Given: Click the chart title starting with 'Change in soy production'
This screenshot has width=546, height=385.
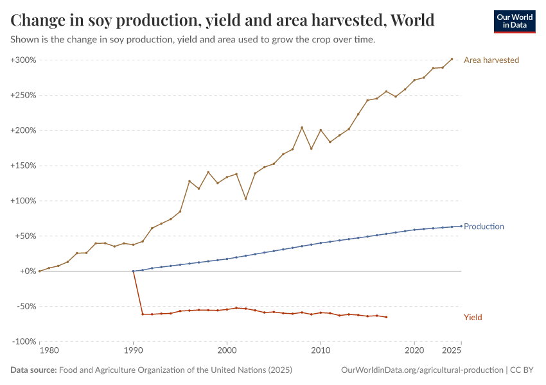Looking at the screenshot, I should [x=222, y=20].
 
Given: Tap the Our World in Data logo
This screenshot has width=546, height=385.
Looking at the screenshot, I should [x=514, y=21].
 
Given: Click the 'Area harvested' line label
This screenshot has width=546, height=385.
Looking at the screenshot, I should [x=491, y=60].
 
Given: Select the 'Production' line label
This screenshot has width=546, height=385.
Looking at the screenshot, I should [x=484, y=227].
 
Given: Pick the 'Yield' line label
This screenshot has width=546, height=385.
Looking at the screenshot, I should [x=473, y=318].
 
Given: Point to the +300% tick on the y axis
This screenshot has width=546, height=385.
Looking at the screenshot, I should [x=23, y=60].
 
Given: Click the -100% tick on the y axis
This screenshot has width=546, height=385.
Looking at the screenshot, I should [x=24, y=341].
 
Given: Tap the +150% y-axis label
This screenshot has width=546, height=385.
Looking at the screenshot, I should [x=23, y=166].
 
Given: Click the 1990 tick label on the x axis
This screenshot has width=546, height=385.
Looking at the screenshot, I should [x=133, y=351].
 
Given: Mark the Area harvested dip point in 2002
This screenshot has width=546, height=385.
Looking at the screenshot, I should [x=245, y=199].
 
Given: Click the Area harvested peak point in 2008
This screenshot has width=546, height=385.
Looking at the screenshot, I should [x=302, y=128].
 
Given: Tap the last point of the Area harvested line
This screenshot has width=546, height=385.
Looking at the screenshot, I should [x=452, y=59].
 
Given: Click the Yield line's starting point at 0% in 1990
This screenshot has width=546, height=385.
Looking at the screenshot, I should [x=133, y=271].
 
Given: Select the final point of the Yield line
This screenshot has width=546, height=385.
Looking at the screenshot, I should [x=386, y=317].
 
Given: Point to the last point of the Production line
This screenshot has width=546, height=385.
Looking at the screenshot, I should [x=461, y=226].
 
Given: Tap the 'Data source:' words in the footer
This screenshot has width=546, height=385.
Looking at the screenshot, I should [x=33, y=370].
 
